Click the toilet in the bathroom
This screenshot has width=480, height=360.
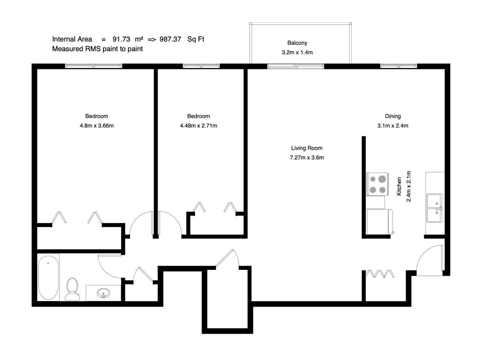pyautogui.click(x=72, y=289)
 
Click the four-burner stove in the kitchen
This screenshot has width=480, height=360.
pyautogui.click(x=378, y=184)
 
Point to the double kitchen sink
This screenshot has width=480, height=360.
pyautogui.click(x=434, y=208)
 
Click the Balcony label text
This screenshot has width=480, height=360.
pyautogui.click(x=297, y=43)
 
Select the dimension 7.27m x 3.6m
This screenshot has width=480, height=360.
pyautogui.click(x=307, y=157)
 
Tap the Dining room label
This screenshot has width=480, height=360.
pyautogui.click(x=393, y=116)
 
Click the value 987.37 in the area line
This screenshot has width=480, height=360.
pyautogui.click(x=170, y=39)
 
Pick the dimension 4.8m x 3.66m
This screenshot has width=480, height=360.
pyautogui.click(x=97, y=126)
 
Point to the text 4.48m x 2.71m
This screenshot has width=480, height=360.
pyautogui.click(x=198, y=126)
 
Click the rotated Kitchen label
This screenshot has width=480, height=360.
pyautogui.click(x=399, y=186)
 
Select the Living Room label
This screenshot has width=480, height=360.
pyautogui.click(x=307, y=148)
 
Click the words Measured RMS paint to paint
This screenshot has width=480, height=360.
pyautogui.click(x=97, y=49)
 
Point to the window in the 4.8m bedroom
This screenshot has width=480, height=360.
pyautogui.click(x=94, y=66)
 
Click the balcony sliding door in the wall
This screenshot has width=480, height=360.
pyautogui.click(x=295, y=66)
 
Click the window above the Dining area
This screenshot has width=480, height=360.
pyautogui.click(x=398, y=66)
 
